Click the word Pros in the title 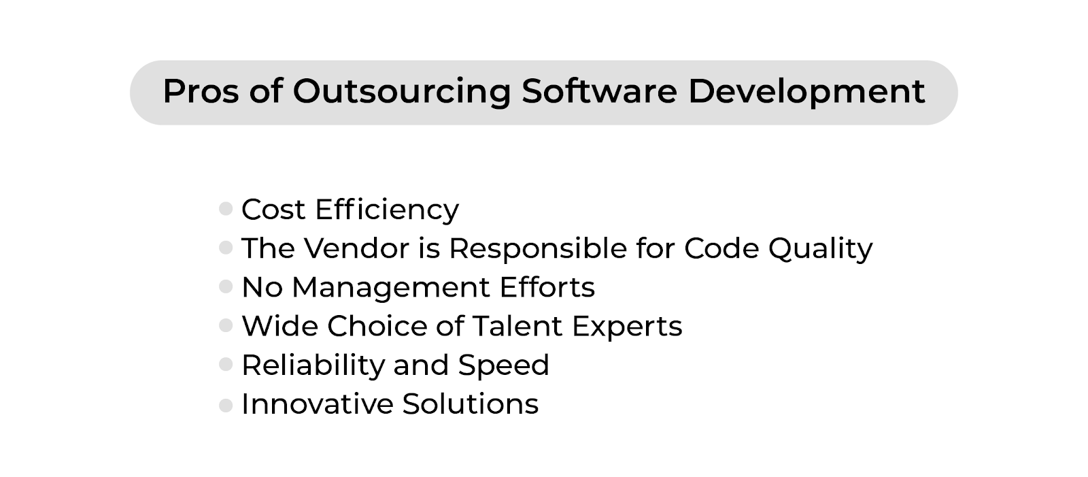201,91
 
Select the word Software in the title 599,91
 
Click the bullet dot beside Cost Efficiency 226,209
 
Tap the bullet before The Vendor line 226,248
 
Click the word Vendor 356,248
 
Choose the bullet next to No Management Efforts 226,286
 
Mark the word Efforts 547,287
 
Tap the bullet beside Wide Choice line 226,325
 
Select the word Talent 517,326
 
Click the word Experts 627,327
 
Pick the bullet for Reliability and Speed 226,364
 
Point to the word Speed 504,365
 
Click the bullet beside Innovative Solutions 226,405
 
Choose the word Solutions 471,404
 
